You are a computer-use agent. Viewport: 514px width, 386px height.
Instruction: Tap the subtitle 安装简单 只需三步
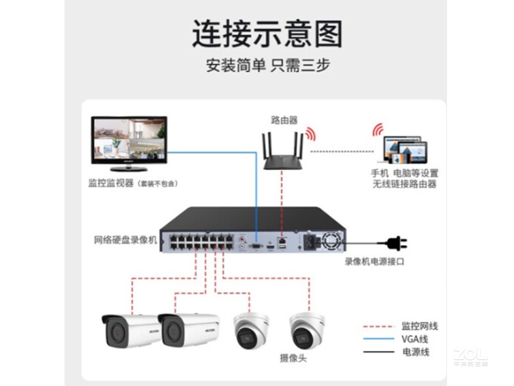(268, 65)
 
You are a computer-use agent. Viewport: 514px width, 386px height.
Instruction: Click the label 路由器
(284, 120)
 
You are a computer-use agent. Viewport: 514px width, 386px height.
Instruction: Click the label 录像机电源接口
(374, 262)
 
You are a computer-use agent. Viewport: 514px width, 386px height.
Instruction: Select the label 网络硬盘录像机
(126, 240)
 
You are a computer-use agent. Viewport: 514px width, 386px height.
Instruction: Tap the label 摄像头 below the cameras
(293, 358)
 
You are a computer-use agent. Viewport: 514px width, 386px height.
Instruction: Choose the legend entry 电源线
(415, 352)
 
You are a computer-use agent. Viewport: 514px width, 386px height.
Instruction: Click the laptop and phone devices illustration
(405, 150)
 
